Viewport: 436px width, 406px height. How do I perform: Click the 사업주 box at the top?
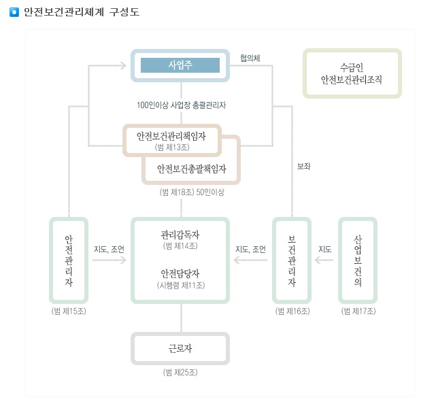tap(180, 65)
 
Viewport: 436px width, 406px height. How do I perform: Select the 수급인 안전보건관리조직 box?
tap(352, 74)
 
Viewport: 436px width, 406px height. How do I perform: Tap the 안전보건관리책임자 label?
tap(171, 135)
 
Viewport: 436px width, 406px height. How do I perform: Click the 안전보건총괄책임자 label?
tap(191, 168)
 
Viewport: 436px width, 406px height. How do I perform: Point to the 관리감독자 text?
tap(180, 234)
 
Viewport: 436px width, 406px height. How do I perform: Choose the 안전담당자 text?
tap(180, 273)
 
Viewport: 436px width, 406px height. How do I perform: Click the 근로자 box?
tap(180, 349)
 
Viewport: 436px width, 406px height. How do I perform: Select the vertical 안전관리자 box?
tap(69, 260)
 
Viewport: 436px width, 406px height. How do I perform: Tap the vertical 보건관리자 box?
tap(292, 260)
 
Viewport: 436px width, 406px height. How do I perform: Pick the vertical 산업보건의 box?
tap(358, 260)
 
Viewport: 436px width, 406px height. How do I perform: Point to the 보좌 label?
tap(303, 166)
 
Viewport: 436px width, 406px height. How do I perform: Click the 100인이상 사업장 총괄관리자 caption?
tap(181, 105)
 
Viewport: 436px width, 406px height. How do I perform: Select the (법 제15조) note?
tap(69, 311)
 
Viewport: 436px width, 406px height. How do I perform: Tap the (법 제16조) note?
tap(292, 311)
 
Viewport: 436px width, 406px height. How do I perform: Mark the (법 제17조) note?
tap(358, 311)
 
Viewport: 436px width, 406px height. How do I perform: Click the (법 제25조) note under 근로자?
tap(180, 373)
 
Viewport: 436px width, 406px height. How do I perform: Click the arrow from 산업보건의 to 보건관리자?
tap(324, 260)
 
